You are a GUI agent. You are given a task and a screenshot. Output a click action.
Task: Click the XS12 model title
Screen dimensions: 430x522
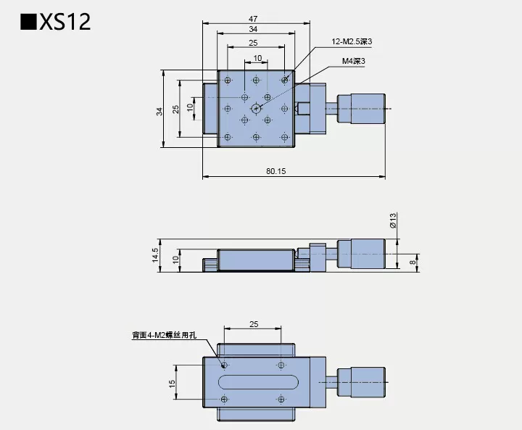click(x=57, y=21)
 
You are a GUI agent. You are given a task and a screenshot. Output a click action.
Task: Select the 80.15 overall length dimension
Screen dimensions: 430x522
click(x=275, y=171)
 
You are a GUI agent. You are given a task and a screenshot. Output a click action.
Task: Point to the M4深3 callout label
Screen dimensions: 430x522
click(x=353, y=62)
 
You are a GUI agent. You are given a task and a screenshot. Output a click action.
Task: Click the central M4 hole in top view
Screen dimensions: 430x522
click(x=256, y=108)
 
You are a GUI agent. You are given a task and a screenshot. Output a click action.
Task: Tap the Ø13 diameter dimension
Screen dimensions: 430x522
click(x=392, y=221)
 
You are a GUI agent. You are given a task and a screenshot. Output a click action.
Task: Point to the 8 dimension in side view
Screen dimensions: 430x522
click(x=413, y=262)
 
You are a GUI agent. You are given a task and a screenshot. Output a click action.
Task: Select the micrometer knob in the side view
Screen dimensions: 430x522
click(x=365, y=254)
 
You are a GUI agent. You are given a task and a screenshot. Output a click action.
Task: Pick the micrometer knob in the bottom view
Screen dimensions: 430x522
click(x=365, y=381)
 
